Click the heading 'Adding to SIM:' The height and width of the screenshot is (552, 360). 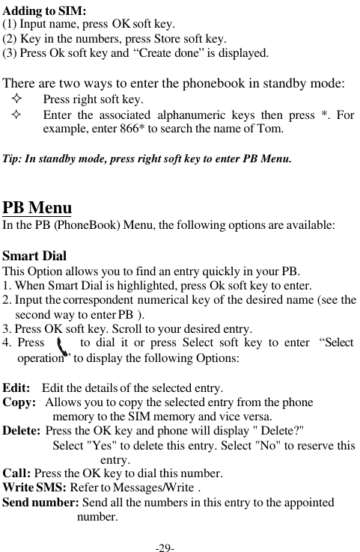tap(45, 10)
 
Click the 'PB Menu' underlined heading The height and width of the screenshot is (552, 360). tap(37, 207)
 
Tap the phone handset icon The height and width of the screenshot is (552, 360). tap(64, 347)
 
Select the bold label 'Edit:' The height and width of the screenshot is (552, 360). tap(16, 388)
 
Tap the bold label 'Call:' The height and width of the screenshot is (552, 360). tap(16, 473)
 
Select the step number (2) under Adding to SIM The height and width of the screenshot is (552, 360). tap(10, 39)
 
